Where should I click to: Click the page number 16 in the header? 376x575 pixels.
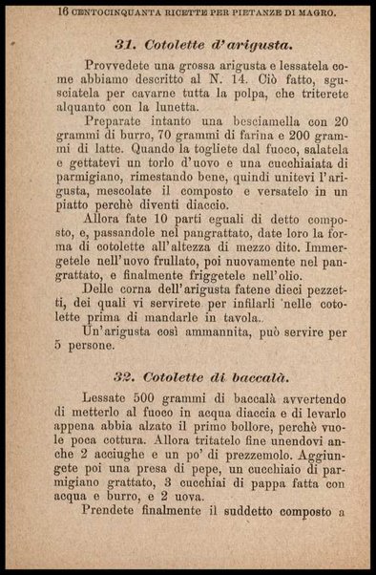[63, 12]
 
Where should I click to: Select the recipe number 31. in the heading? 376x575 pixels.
[128, 44]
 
